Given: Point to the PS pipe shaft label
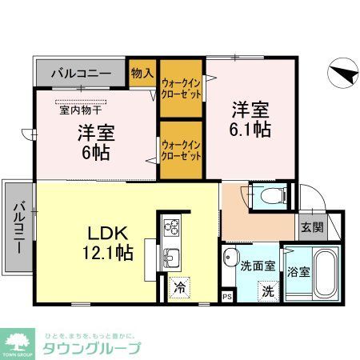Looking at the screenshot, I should (x=226, y=296).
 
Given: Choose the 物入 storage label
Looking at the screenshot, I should (x=142, y=73).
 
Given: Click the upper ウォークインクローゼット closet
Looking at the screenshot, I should (x=181, y=88).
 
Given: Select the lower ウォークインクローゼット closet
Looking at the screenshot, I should (x=181, y=149).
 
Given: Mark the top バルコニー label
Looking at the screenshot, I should (x=81, y=74).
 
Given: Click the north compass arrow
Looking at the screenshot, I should (x=342, y=74).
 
